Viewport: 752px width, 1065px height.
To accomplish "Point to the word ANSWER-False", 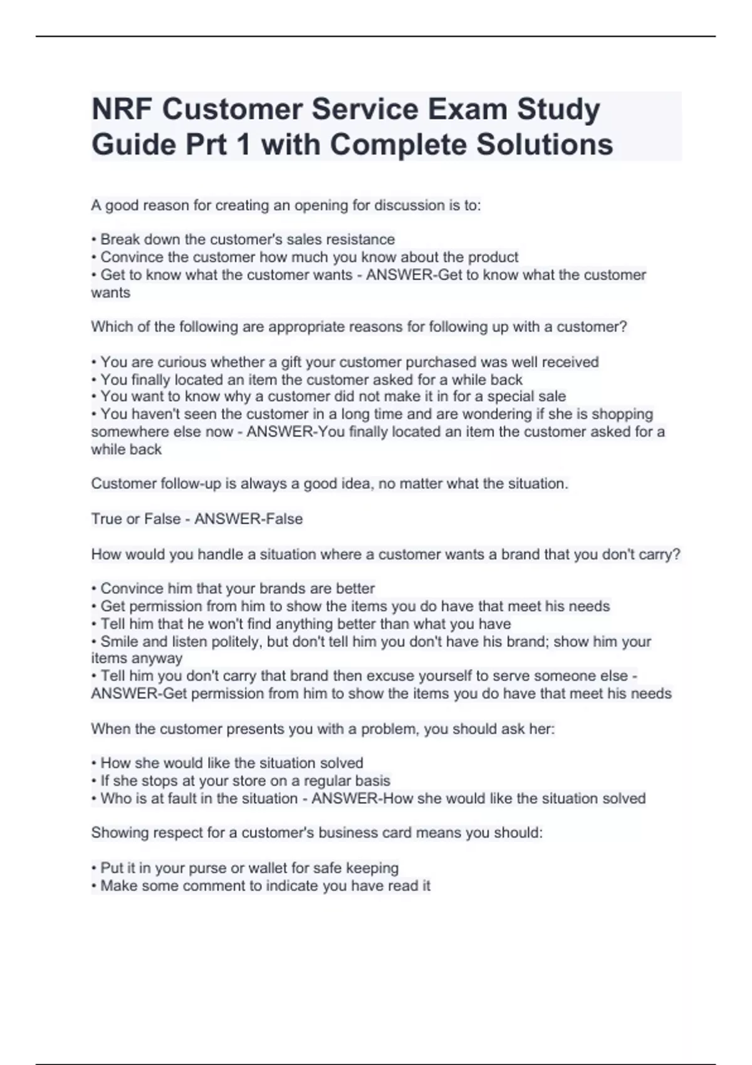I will coord(249,519).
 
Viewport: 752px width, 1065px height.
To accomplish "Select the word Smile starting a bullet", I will coord(119,642).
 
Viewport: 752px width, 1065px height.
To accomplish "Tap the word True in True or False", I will coord(106,519).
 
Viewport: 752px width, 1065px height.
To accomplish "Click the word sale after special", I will coord(552,397).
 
